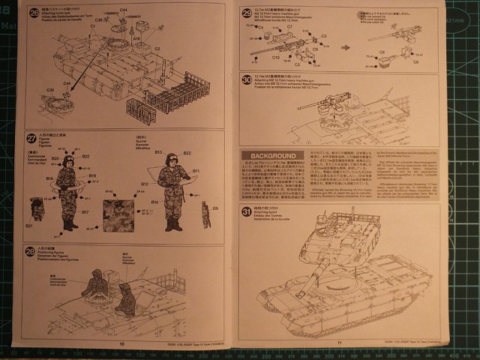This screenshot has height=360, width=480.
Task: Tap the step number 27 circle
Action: (31, 137)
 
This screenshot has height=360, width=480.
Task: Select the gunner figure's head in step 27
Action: (169, 160)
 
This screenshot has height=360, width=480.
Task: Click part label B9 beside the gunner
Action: (214, 208)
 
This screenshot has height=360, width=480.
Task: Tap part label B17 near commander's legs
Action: (85, 212)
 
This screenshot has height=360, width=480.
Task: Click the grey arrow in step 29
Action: (344, 46)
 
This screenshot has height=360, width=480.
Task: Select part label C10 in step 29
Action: (276, 57)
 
